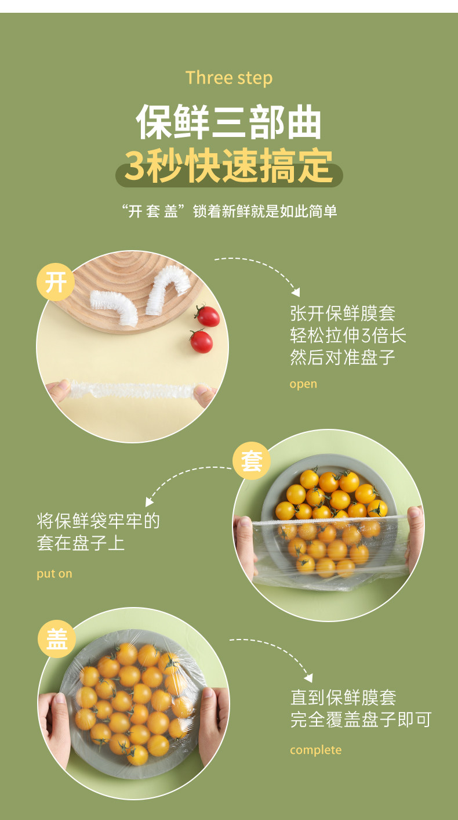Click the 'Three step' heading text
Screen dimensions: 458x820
pyautogui.click(x=229, y=78)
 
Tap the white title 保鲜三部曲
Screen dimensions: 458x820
pyautogui.click(x=228, y=122)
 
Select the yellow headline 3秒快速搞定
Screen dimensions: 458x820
pyautogui.click(x=229, y=166)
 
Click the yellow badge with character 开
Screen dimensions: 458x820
pyautogui.click(x=56, y=282)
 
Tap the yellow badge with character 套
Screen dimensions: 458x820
pyautogui.click(x=252, y=461)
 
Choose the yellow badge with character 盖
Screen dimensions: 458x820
pyautogui.click(x=57, y=639)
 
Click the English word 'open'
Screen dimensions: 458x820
pyautogui.click(x=303, y=384)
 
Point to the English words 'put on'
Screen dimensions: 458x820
pyautogui.click(x=54, y=573)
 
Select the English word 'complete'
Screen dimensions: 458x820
pyautogui.click(x=316, y=750)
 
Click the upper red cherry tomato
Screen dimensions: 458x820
pyautogui.click(x=208, y=316)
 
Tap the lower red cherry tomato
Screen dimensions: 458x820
pyautogui.click(x=201, y=342)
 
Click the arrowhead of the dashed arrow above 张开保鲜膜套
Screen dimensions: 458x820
pyautogui.click(x=296, y=292)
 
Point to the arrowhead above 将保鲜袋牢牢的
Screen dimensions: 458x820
pyautogui.click(x=149, y=501)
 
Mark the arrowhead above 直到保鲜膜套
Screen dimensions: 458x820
pyautogui.click(x=308, y=678)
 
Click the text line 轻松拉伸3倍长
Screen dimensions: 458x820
pyautogui.click(x=348, y=335)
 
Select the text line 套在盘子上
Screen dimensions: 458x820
pyautogui.click(x=81, y=543)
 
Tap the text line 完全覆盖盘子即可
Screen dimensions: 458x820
pyautogui.click(x=361, y=720)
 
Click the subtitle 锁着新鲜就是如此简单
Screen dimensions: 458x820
pyautogui.click(x=265, y=211)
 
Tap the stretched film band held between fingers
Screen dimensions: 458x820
pyautogui.click(x=132, y=390)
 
